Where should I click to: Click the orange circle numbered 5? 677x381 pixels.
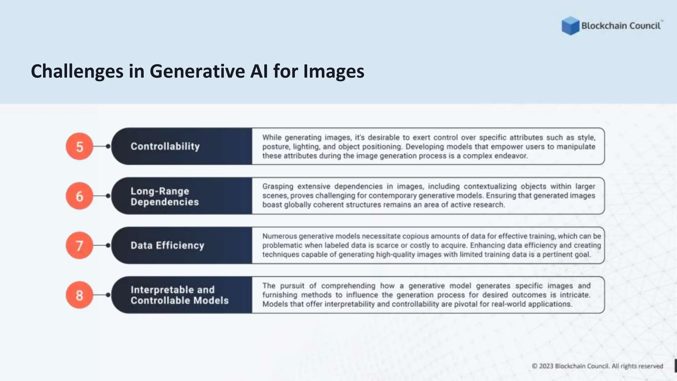click(x=79, y=147)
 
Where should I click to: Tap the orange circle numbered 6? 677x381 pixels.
click(x=79, y=196)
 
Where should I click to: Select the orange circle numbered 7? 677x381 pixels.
click(x=79, y=245)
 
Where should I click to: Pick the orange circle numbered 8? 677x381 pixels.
click(x=79, y=295)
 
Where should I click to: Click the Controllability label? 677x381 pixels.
click(x=165, y=146)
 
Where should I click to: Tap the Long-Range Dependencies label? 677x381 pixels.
click(x=164, y=196)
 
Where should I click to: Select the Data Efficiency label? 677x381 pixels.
click(x=167, y=245)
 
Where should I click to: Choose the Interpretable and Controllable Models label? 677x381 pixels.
click(x=179, y=295)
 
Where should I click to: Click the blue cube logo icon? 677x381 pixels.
click(x=570, y=26)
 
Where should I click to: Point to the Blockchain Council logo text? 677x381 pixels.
click(x=621, y=26)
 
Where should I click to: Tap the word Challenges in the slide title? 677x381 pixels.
click(x=77, y=71)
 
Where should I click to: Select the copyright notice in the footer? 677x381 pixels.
click(x=597, y=366)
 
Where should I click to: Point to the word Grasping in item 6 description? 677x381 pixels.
click(x=278, y=187)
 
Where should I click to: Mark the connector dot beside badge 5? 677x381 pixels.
click(x=108, y=146)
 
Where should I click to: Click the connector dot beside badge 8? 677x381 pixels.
click(x=108, y=295)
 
